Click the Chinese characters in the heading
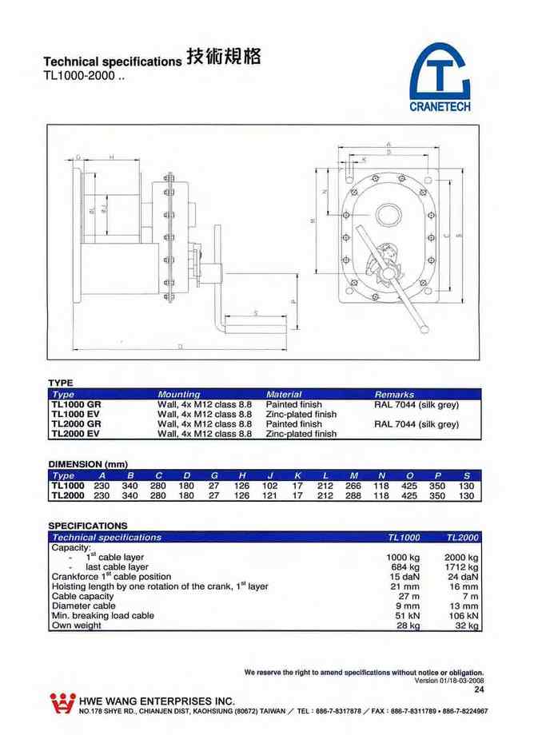click(222, 58)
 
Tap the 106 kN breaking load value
click(463, 615)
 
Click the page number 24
click(479, 689)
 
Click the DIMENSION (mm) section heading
click(88, 463)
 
